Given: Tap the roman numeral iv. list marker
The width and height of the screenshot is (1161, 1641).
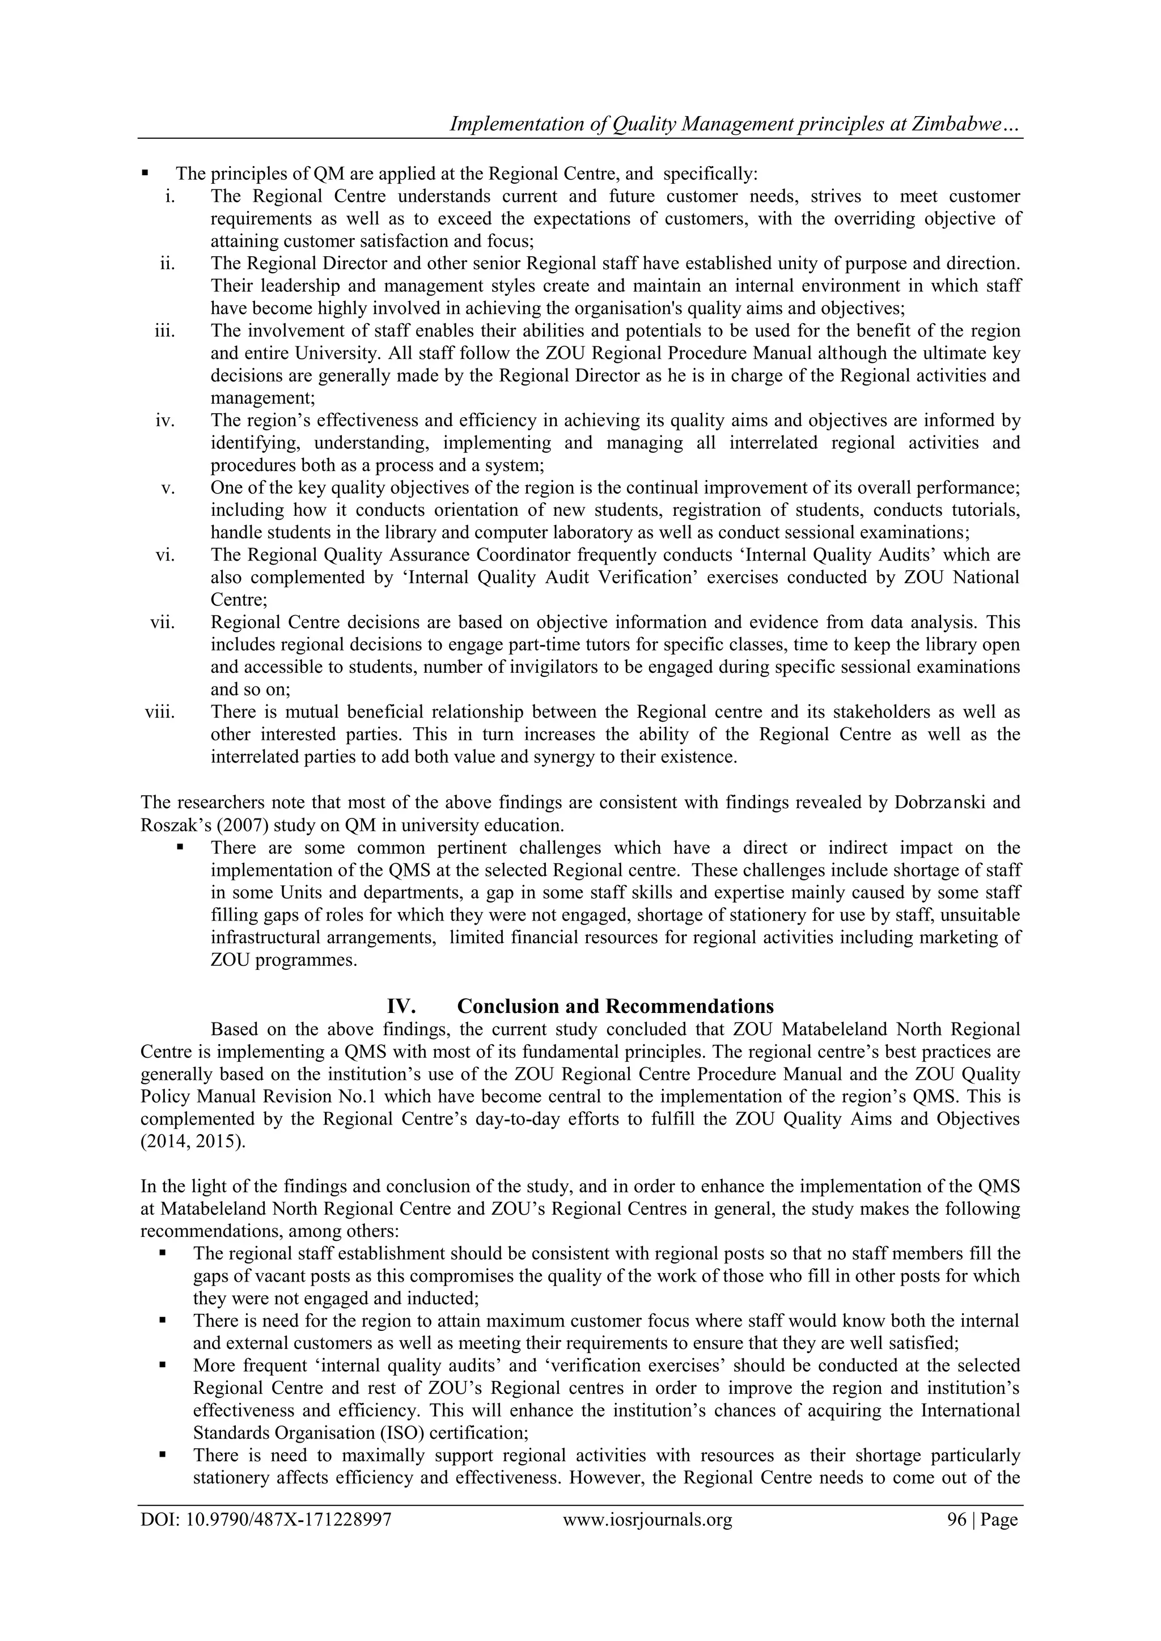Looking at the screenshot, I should [x=164, y=420].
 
